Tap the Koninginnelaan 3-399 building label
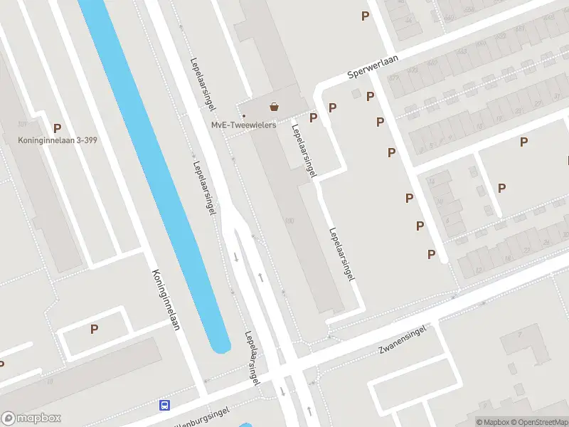(58, 140)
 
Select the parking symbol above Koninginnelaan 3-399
(57, 128)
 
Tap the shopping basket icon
(274, 107)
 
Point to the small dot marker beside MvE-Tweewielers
(244, 115)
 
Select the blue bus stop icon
(165, 405)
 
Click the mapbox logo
(31, 418)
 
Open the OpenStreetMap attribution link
(538, 422)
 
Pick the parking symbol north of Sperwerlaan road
(366, 16)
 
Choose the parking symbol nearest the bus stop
(94, 329)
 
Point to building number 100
(289, 221)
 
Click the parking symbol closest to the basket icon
(313, 117)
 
